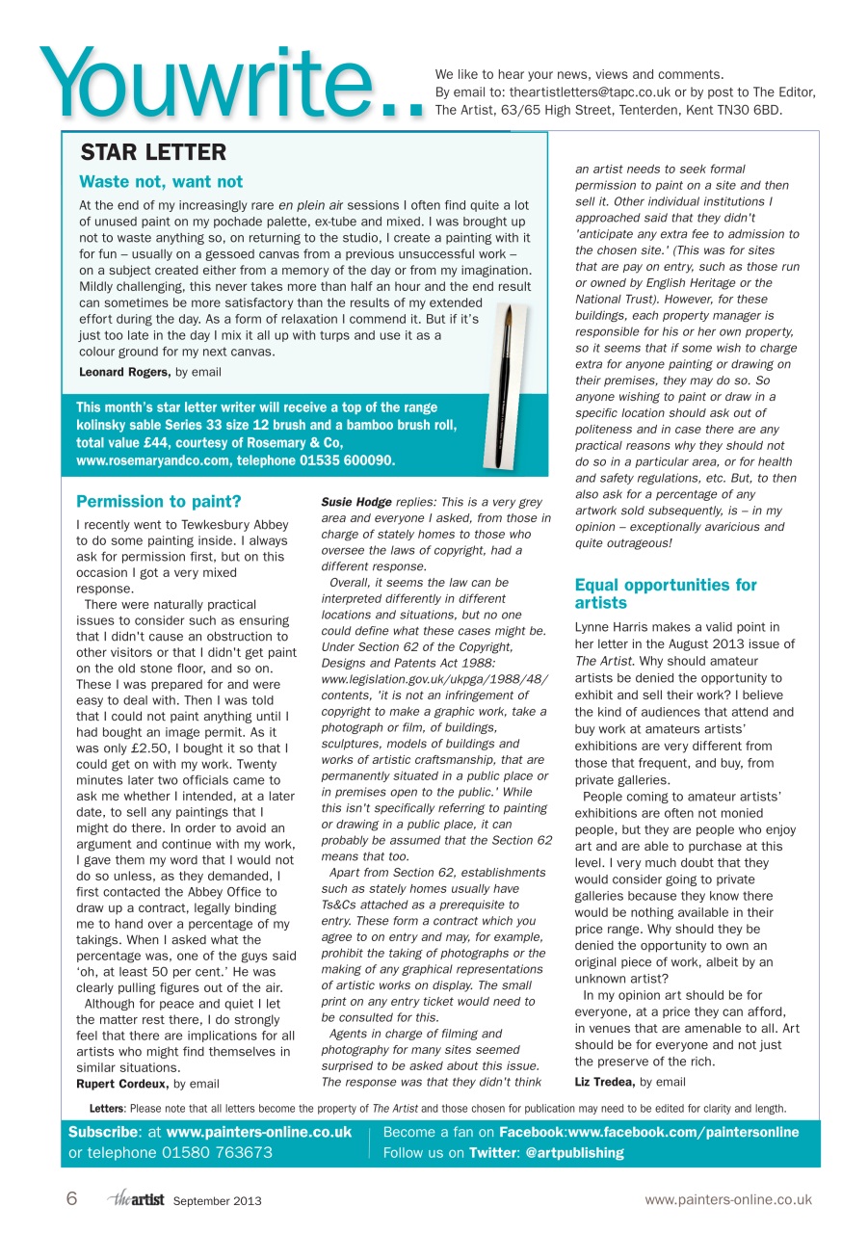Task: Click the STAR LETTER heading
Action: (x=153, y=152)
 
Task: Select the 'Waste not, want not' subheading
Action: (x=161, y=182)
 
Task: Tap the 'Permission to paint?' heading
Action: (x=158, y=501)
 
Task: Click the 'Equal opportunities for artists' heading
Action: (x=666, y=593)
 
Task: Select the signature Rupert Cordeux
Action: (x=123, y=1083)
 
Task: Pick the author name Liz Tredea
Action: (x=605, y=1082)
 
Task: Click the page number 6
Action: (x=72, y=1199)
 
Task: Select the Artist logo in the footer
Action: (x=136, y=1199)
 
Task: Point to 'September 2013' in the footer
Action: (x=217, y=1201)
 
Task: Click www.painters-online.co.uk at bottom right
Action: (x=728, y=1200)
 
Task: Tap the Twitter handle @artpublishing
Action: (x=576, y=1152)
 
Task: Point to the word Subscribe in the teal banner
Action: (x=104, y=1132)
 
